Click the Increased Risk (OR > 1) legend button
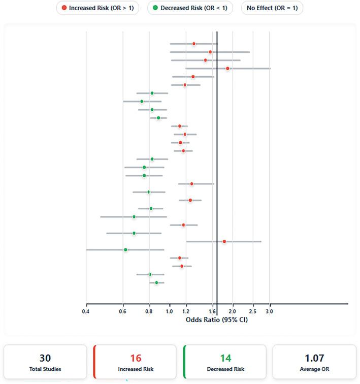click(x=97, y=8)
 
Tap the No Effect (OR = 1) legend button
click(x=272, y=8)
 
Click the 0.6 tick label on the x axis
click(x=123, y=311)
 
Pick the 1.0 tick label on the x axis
click(x=170, y=311)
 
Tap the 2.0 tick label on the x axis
click(x=233, y=311)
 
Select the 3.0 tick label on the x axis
click(x=270, y=311)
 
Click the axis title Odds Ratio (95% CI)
click(x=217, y=319)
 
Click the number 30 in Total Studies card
click(x=45, y=358)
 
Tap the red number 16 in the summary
click(x=135, y=358)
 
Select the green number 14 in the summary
click(x=225, y=358)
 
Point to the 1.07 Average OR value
click(x=314, y=358)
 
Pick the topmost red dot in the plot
click(x=194, y=44)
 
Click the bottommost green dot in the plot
click(x=156, y=282)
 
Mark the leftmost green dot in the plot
click(x=125, y=249)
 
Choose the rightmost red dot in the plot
click(x=227, y=68)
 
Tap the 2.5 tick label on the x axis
click(x=253, y=311)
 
